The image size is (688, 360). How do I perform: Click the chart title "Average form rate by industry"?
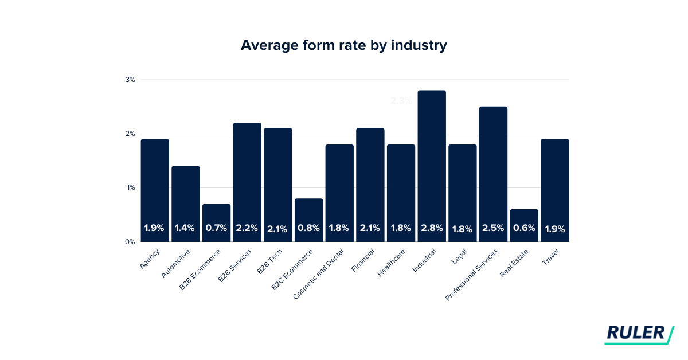coord(343,46)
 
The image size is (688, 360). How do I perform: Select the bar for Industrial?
coord(432,166)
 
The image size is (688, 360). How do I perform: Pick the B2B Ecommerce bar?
coord(216,222)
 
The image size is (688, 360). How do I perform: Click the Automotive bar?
coord(185,204)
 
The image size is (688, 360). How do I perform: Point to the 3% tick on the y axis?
coord(130,80)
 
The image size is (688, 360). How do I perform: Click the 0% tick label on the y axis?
coord(130,242)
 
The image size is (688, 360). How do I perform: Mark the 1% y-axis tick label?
coord(130,187)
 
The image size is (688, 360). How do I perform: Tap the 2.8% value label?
coord(432,228)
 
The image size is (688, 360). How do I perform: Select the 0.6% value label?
coord(524,228)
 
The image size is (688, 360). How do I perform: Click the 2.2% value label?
coord(247,228)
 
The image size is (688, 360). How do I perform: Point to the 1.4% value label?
coord(185,228)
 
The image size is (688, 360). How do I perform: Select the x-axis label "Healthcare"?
coord(392,263)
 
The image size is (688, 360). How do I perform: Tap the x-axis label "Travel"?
coord(550,257)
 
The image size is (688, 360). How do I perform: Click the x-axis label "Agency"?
coord(148,259)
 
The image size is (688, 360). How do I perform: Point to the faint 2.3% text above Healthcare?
coord(401,101)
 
